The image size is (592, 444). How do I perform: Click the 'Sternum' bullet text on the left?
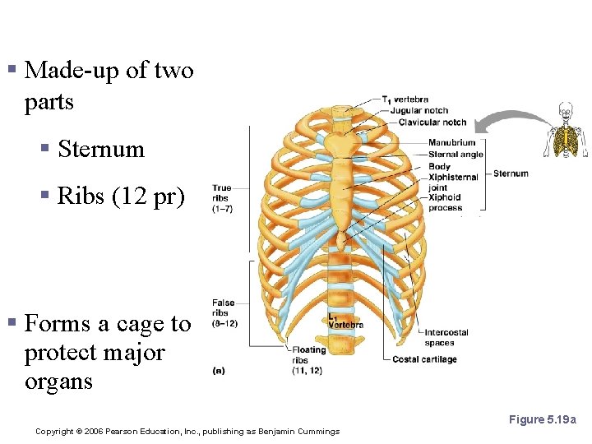tap(101, 149)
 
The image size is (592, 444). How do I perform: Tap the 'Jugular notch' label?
tap(419, 111)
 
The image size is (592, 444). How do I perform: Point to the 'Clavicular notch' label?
tap(432, 123)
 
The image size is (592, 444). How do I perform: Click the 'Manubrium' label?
tap(451, 143)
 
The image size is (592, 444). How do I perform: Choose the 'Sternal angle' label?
tap(456, 154)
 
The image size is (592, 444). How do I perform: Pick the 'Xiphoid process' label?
tap(445, 202)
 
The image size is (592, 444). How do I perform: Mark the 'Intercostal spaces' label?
tap(446, 337)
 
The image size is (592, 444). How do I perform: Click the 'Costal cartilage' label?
tap(424, 359)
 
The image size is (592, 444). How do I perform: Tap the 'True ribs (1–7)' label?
tap(222, 197)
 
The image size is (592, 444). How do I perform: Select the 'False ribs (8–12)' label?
tap(224, 313)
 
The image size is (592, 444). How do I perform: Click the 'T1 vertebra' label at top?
tap(405, 99)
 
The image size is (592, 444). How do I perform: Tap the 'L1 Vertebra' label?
tap(345, 321)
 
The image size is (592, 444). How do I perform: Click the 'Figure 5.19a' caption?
tap(543, 419)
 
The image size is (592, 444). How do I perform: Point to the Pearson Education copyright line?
tap(187, 431)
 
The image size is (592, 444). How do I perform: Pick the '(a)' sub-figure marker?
tap(220, 370)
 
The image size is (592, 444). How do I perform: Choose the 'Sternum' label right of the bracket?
tap(511, 173)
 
